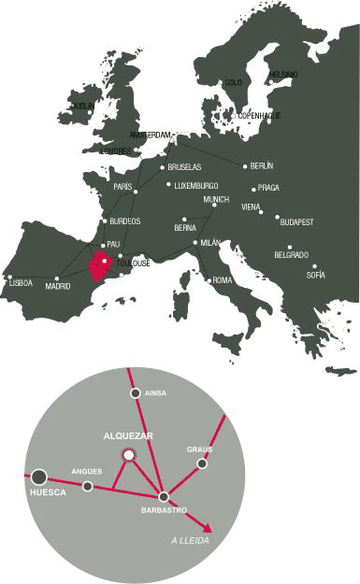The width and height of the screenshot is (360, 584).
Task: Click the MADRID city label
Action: (x=58, y=287)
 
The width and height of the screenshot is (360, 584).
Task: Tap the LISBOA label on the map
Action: (x=21, y=282)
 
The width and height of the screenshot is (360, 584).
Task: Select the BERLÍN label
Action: (x=262, y=166)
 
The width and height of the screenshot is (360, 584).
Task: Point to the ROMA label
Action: (x=223, y=280)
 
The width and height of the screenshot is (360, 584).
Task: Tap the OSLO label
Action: (x=233, y=83)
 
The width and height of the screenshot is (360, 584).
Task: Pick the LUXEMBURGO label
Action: (x=196, y=185)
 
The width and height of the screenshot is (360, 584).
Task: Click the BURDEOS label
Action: (x=125, y=221)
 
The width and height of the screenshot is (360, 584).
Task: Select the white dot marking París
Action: (x=137, y=192)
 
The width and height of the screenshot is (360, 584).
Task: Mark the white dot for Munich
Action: (x=213, y=207)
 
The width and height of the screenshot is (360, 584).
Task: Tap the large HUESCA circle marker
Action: (x=39, y=476)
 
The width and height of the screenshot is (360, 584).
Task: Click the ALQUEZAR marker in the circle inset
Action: (x=129, y=454)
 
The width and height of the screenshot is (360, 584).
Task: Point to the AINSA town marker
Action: (x=136, y=393)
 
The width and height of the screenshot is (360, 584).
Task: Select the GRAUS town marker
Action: (x=202, y=463)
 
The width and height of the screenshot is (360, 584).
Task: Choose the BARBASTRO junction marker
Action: (x=164, y=496)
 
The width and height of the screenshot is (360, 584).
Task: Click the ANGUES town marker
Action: (x=88, y=486)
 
